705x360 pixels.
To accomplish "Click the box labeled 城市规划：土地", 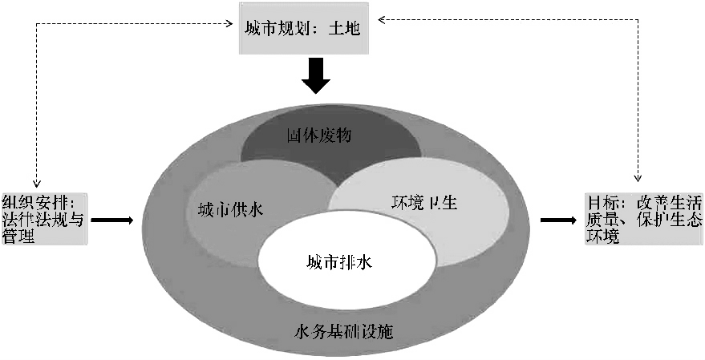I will [306, 30].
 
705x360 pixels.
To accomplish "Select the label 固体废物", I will [330, 136].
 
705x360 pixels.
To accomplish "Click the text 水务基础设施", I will [343, 330].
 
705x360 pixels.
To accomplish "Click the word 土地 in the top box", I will [348, 30].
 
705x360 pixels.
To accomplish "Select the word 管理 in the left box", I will [18, 237].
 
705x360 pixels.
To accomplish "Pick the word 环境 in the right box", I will [602, 237].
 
